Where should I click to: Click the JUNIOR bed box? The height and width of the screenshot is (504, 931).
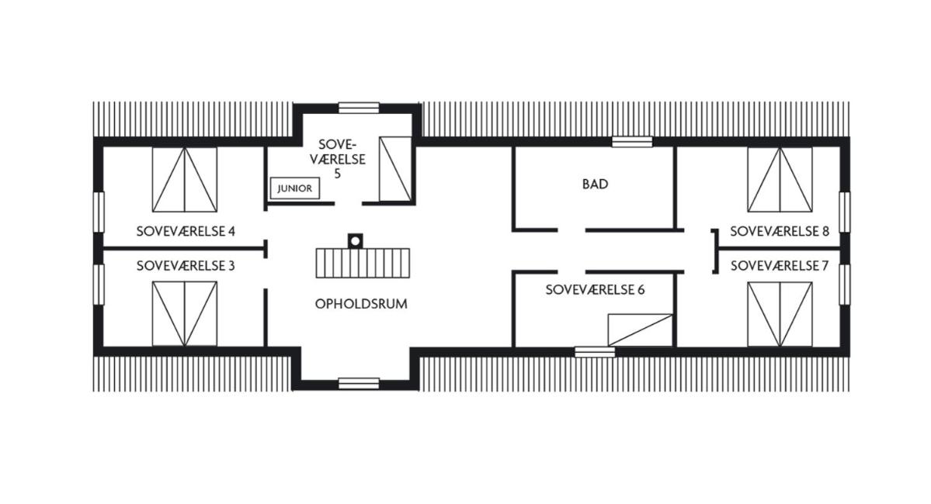pyautogui.click(x=294, y=188)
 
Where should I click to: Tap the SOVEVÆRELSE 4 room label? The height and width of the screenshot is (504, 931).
pyautogui.click(x=186, y=231)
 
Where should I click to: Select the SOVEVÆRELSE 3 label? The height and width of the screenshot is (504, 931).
pyautogui.click(x=186, y=266)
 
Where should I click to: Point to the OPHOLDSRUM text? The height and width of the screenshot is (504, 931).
pyautogui.click(x=361, y=304)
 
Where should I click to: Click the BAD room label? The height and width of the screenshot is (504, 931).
pyautogui.click(x=595, y=185)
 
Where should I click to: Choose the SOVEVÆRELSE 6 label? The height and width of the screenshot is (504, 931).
pyautogui.click(x=595, y=290)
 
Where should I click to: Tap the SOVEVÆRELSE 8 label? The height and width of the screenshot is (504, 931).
pyautogui.click(x=780, y=231)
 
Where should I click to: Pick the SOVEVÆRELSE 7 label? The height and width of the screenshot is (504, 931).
pyautogui.click(x=780, y=266)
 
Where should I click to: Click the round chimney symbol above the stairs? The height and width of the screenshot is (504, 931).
pyautogui.click(x=355, y=241)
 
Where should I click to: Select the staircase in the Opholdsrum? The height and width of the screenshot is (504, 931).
pyautogui.click(x=363, y=264)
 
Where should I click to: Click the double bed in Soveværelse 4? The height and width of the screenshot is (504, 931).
pyautogui.click(x=185, y=180)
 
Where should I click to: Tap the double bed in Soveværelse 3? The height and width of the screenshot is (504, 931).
pyautogui.click(x=185, y=314)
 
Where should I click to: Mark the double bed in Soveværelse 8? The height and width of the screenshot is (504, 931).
pyautogui.click(x=780, y=180)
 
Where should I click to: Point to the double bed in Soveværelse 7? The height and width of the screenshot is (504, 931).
pyautogui.click(x=780, y=314)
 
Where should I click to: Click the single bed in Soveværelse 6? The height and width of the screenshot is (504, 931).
pyautogui.click(x=640, y=330)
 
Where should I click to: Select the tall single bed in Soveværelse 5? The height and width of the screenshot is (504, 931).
pyautogui.click(x=395, y=169)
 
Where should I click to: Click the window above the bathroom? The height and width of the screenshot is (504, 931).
pyautogui.click(x=632, y=142)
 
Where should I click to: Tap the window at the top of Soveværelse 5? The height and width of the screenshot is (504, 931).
pyautogui.click(x=359, y=108)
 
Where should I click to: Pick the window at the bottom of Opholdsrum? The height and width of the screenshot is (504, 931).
pyautogui.click(x=359, y=384)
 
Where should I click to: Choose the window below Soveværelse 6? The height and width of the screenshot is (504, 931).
pyautogui.click(x=595, y=352)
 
